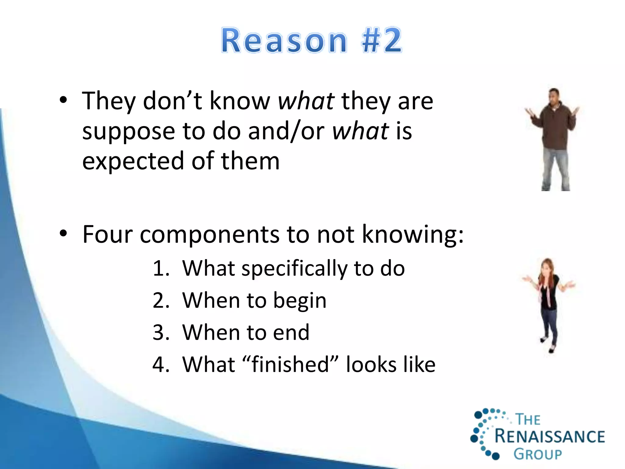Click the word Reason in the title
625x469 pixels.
point(284,41)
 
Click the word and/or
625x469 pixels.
point(286,131)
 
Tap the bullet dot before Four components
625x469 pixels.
point(63,234)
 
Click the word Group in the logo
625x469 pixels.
point(538,454)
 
